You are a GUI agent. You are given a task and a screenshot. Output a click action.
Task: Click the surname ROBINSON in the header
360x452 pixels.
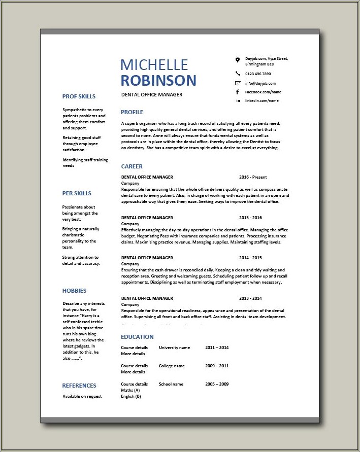click(x=158, y=80)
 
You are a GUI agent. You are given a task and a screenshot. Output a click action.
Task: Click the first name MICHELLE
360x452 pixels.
click(x=154, y=64)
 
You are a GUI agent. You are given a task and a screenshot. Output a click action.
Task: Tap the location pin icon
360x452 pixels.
click(x=237, y=60)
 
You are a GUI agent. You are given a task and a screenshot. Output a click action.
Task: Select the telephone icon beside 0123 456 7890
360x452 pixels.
click(x=237, y=74)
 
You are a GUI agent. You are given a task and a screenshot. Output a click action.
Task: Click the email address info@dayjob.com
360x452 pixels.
click(x=260, y=83)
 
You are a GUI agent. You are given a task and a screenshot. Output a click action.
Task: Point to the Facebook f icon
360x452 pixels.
click(x=237, y=92)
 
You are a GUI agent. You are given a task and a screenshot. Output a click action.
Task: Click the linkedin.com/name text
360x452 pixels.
click(x=262, y=101)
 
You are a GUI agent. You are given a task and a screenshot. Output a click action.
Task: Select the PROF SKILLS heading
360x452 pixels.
click(x=79, y=96)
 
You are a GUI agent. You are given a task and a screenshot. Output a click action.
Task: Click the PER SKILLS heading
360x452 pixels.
click(x=77, y=193)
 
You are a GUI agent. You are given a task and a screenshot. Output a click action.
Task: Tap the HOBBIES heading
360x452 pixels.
click(x=74, y=291)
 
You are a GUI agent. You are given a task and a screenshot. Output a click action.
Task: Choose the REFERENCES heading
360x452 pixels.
click(x=79, y=386)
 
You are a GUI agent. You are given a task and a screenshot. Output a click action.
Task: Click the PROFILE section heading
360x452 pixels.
click(x=132, y=112)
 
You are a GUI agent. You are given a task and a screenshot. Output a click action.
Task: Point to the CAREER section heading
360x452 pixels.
click(x=132, y=166)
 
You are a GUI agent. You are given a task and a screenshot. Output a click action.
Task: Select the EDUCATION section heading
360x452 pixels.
click(x=137, y=337)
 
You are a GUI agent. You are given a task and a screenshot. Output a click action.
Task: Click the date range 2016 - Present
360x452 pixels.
click(x=253, y=177)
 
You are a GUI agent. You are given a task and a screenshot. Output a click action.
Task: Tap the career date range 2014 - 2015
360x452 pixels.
click(x=250, y=258)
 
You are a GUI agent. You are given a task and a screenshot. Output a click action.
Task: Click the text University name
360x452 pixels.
click(x=174, y=347)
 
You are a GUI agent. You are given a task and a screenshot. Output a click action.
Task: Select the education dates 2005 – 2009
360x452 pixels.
click(x=217, y=384)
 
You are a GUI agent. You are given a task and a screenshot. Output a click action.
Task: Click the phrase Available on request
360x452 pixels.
click(x=82, y=396)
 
